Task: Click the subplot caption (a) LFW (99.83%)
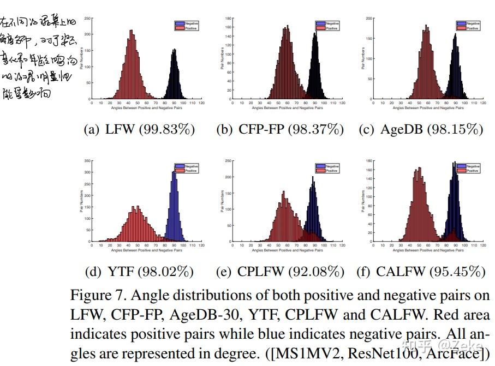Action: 139,130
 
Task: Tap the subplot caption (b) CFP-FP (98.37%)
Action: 280,130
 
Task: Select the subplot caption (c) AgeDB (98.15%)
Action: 421,130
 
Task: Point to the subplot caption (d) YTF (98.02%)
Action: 139,271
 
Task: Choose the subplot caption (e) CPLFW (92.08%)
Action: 280,271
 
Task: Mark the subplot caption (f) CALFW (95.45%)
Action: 421,271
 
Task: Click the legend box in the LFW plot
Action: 186,25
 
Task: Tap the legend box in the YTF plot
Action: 186,167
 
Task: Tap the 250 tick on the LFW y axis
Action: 88,19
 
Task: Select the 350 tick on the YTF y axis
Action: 88,161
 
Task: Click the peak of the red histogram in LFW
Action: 131,31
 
